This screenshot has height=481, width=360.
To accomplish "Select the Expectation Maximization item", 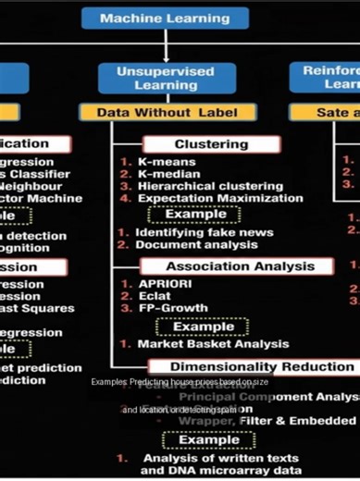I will pos(218,198).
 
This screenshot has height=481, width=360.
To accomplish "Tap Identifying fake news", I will pos(195,232).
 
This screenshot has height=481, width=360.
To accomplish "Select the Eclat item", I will pos(155,297).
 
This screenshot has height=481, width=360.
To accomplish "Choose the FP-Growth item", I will pos(171,309).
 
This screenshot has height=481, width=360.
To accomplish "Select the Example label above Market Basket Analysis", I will pos(203,327).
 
